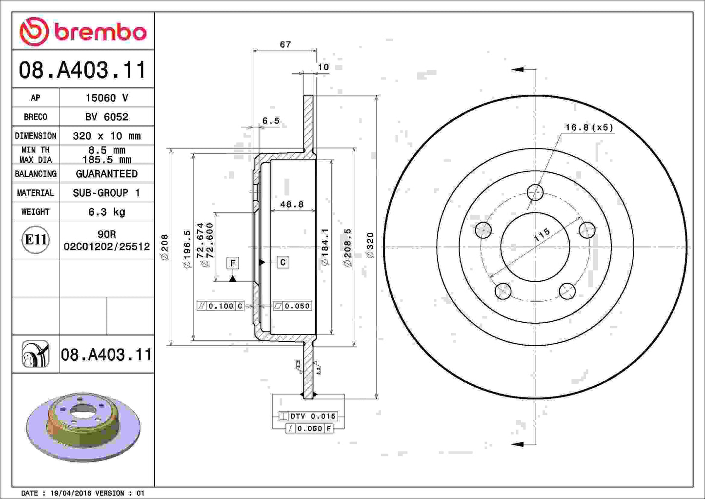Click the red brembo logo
point(83,32)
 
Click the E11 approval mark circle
point(36,240)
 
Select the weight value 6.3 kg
point(106,212)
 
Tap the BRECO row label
point(36,117)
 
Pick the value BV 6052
point(106,117)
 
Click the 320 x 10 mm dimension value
point(106,136)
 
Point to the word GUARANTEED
point(106,174)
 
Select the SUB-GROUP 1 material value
point(106,193)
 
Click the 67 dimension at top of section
point(285,44)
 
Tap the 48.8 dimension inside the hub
point(292,205)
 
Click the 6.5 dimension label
point(271,121)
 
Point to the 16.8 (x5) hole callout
point(589,127)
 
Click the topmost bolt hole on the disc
point(535,192)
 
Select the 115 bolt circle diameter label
point(542,234)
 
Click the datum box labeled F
point(233,263)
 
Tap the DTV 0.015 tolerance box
point(308,416)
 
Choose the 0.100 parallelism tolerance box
point(220,306)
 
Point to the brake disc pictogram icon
point(36,354)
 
